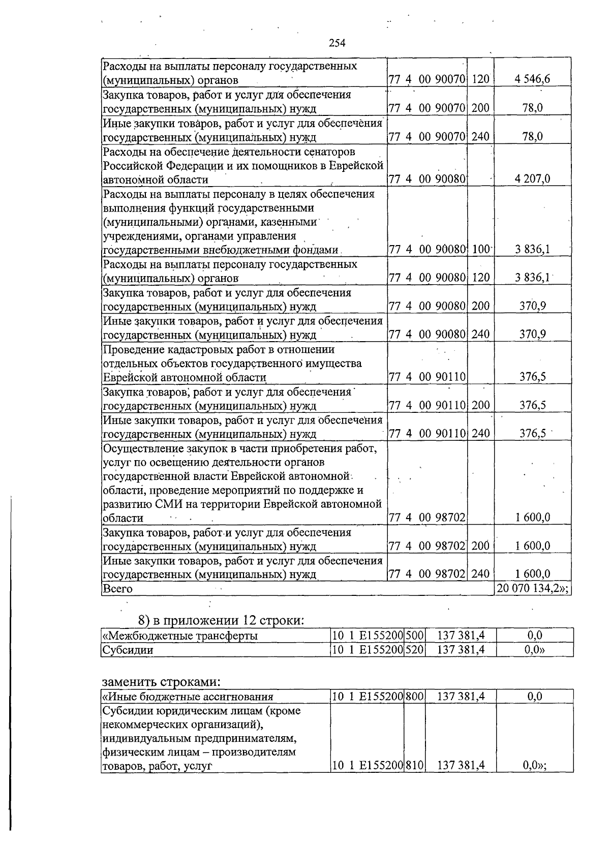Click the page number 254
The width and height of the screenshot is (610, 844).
pyautogui.click(x=337, y=43)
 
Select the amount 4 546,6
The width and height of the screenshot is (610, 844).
pyautogui.click(x=531, y=79)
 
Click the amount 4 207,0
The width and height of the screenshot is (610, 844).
pyautogui.click(x=532, y=179)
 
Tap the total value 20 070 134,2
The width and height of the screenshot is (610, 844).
pyautogui.click(x=531, y=588)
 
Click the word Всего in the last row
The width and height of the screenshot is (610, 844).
pyautogui.click(x=117, y=589)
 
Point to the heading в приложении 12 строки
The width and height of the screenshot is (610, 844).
pyautogui.click(x=221, y=620)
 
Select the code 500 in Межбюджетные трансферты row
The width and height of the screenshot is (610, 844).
pyautogui.click(x=414, y=635)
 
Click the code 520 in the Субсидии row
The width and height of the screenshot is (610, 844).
pyautogui.click(x=414, y=649)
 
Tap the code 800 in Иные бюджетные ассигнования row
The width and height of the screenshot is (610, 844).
pyautogui.click(x=414, y=697)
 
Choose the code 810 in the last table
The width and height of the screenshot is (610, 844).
pyautogui.click(x=414, y=765)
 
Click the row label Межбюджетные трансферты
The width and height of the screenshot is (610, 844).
pyautogui.click(x=180, y=636)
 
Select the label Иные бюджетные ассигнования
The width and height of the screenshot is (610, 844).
pyautogui.click(x=188, y=697)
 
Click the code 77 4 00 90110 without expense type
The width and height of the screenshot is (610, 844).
pyautogui.click(x=427, y=377)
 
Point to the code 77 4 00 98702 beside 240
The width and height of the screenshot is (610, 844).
pyautogui.click(x=427, y=574)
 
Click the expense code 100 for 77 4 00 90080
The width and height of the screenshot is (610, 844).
pyautogui.click(x=480, y=250)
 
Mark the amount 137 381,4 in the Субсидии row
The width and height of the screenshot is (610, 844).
pyautogui.click(x=461, y=649)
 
